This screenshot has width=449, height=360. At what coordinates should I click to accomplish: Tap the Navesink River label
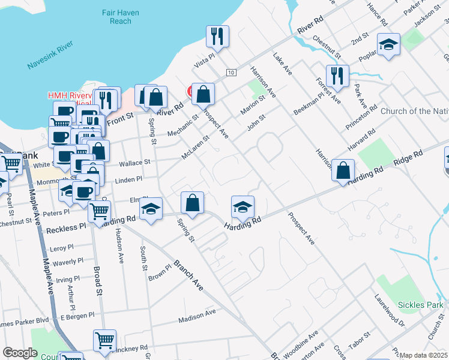click(50, 53)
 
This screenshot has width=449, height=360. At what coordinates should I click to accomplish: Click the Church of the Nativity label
click(415, 111)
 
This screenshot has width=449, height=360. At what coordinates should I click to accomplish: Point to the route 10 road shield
click(231, 73)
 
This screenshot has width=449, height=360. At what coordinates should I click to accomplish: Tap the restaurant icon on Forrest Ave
click(337, 76)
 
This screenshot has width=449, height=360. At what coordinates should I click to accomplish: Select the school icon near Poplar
click(388, 44)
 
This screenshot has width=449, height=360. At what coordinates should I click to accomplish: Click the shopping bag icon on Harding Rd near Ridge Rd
click(343, 170)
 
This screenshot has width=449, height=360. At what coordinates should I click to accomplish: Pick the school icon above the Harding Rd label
click(243, 207)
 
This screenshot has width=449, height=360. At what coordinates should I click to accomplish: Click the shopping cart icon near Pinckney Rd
click(104, 340)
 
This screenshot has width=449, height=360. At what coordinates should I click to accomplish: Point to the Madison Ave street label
click(197, 317)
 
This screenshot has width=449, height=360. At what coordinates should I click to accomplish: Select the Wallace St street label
click(134, 163)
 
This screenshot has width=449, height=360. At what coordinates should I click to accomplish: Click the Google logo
click(20, 353)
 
